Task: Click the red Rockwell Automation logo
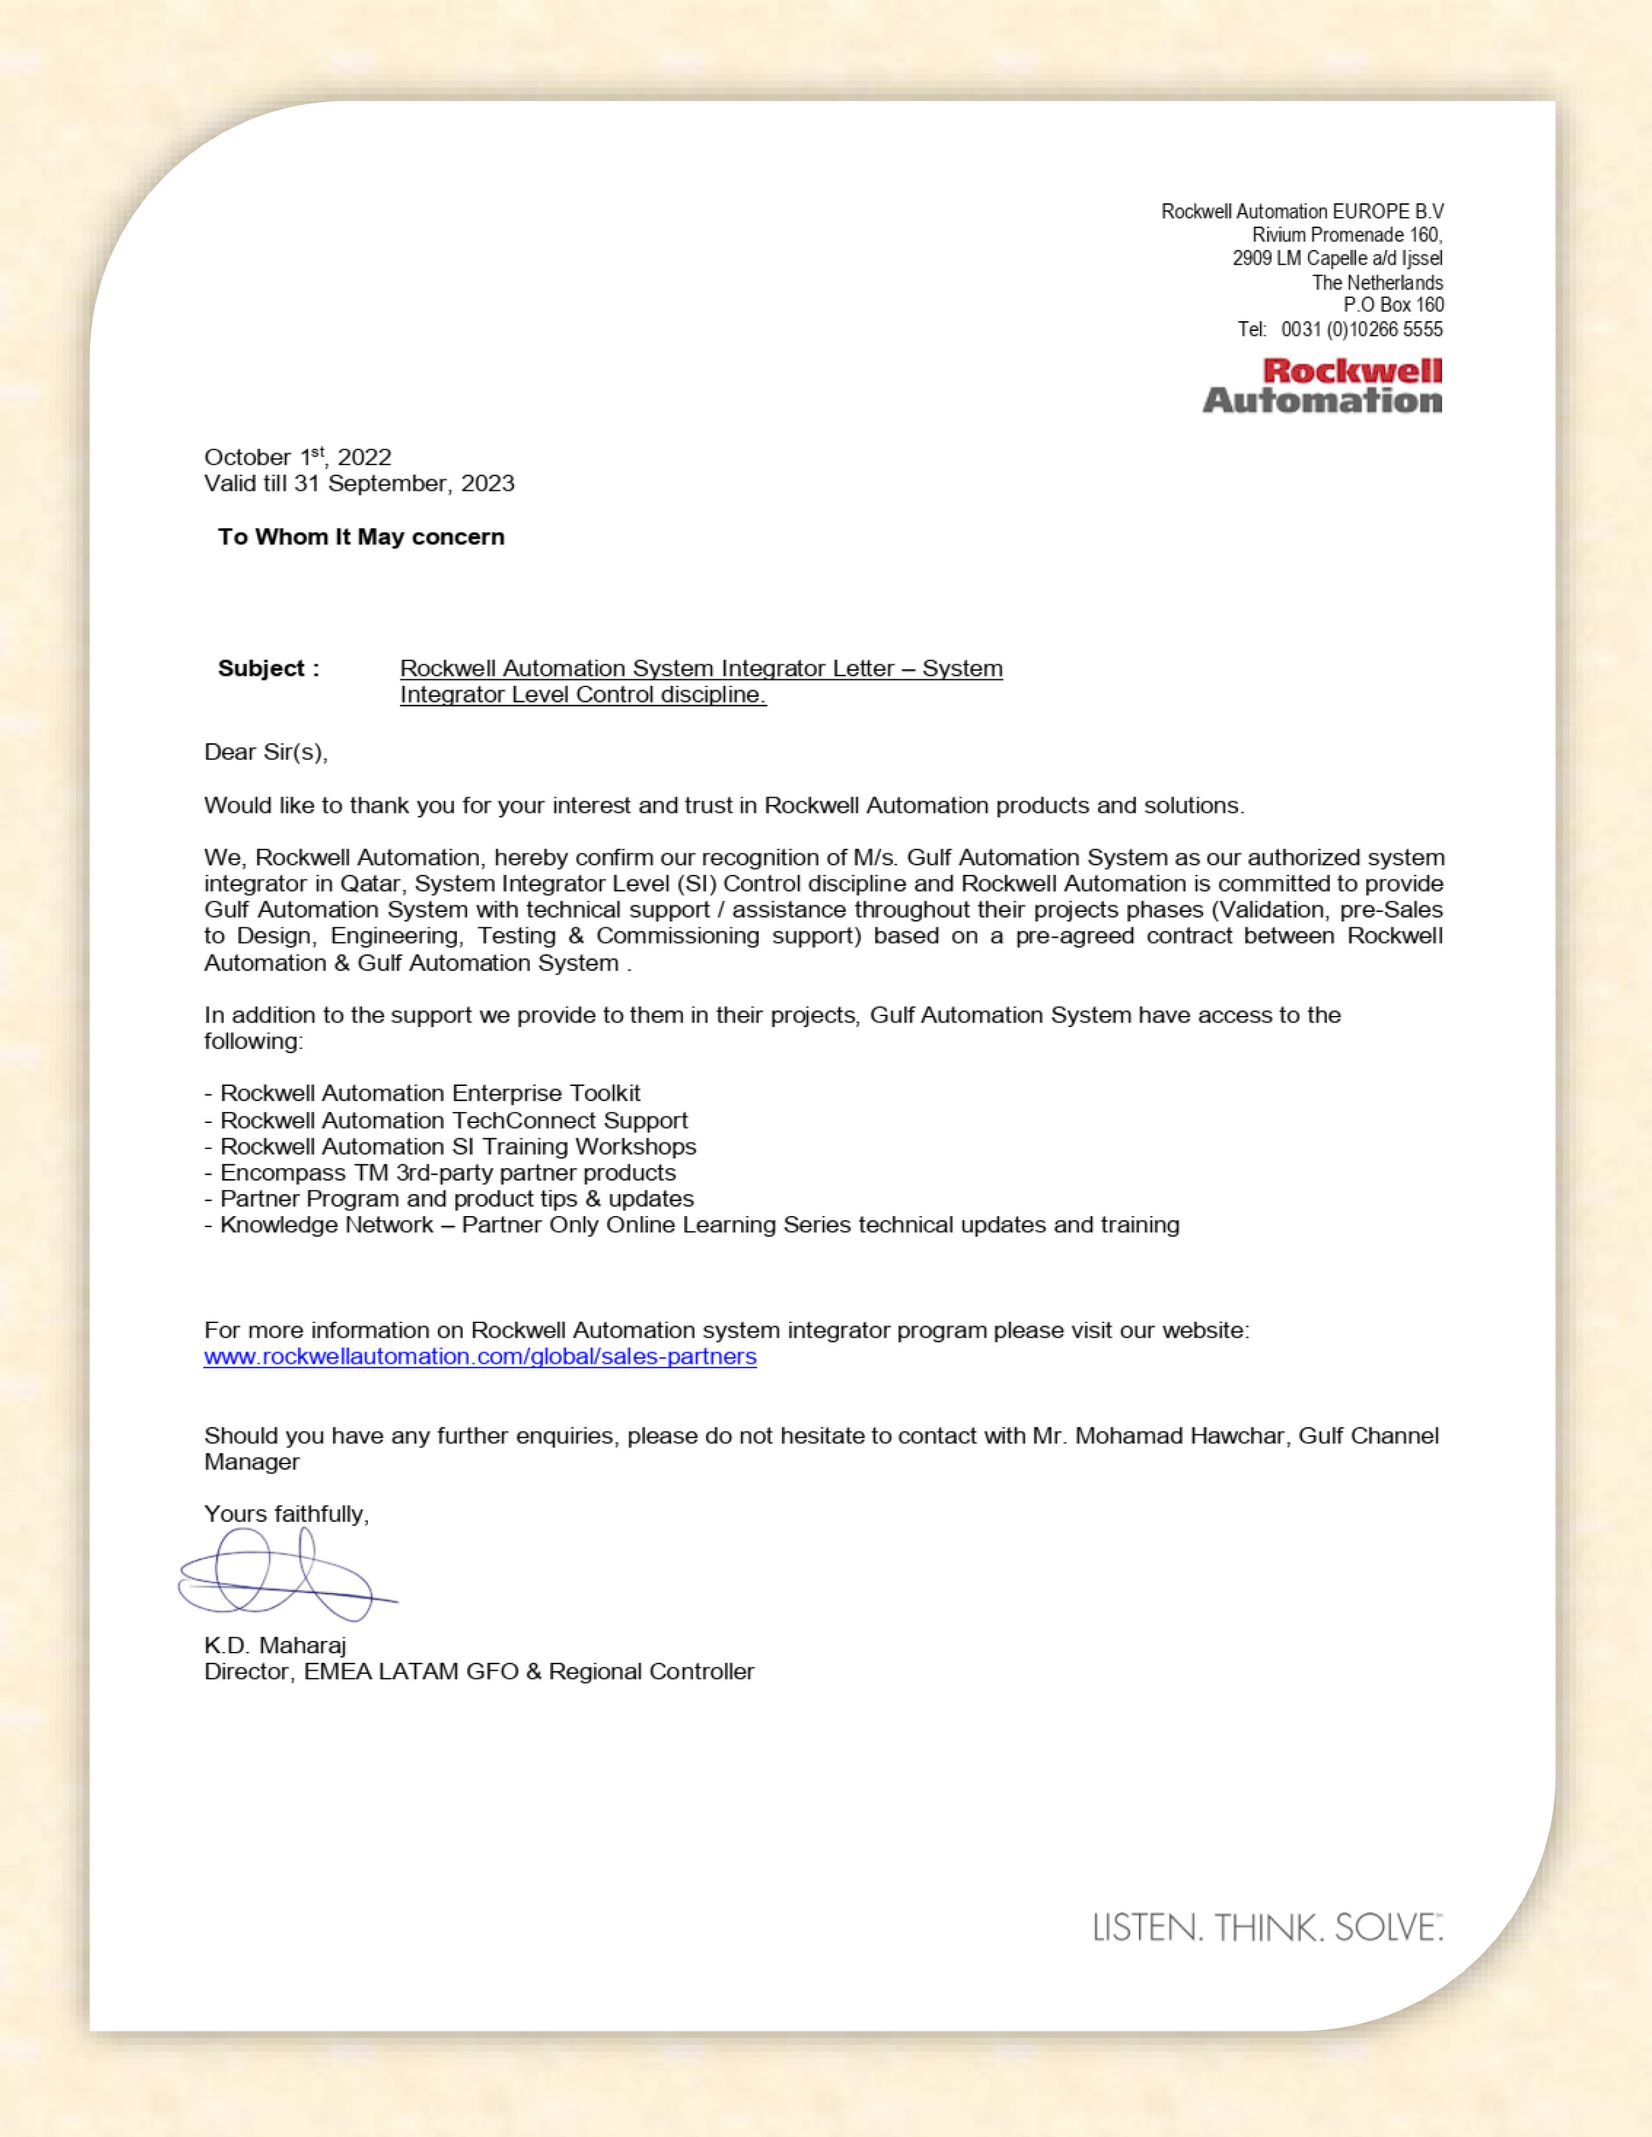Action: [1322, 385]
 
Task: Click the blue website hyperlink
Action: [479, 1356]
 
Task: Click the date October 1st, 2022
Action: [297, 457]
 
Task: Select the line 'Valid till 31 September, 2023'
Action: [359, 483]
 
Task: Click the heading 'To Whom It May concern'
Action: [361, 537]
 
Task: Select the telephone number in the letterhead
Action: [1361, 329]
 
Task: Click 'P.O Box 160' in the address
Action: [1393, 305]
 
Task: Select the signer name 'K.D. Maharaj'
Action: [275, 1645]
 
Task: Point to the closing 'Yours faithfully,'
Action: [286, 1514]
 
